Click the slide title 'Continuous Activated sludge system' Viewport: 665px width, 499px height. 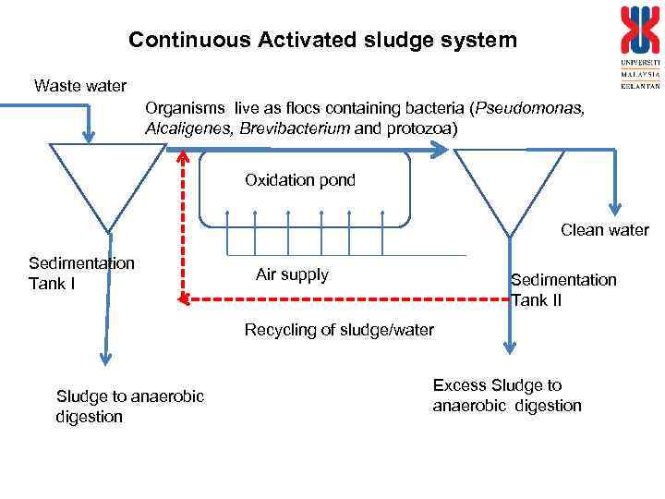322,40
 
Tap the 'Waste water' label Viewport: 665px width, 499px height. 79,87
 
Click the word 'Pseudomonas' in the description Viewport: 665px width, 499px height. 529,108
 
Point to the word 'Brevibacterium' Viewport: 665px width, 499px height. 295,128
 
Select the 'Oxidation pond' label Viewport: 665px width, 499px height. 299,180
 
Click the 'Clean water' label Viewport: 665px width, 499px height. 604,230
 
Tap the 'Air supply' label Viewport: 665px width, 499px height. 292,274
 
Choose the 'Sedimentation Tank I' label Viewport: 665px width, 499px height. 81,273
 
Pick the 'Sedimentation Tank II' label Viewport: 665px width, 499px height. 563,289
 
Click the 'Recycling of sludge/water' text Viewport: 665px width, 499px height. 339,330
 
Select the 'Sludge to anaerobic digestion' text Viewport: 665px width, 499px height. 129,406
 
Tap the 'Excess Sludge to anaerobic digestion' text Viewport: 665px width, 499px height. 507,395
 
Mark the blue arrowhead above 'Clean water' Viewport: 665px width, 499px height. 612,208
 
